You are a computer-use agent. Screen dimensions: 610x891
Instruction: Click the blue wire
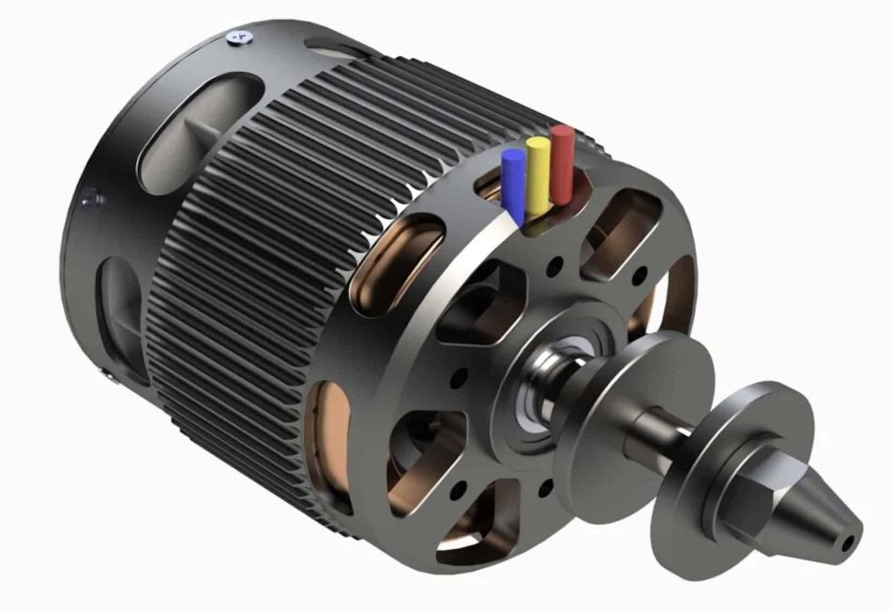click(x=513, y=184)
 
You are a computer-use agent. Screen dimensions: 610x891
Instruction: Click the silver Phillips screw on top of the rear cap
click(x=237, y=37)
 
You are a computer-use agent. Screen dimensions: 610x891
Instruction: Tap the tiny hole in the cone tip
click(x=848, y=542)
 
